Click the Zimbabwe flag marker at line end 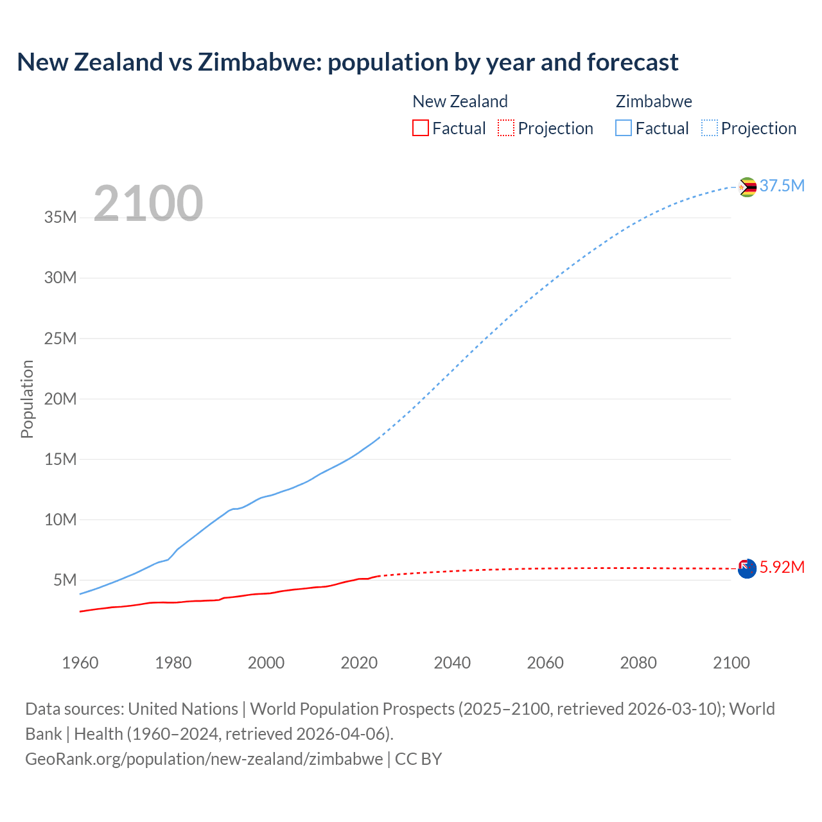747,187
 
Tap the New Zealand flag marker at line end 747,568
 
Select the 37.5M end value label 782,186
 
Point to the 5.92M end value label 782,568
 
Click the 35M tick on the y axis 60,218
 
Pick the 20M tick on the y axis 60,399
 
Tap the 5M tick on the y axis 65,581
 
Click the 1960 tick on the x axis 80,663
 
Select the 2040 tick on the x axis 452,663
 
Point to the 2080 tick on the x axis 638,663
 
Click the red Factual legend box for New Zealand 421,128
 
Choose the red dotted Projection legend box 506,128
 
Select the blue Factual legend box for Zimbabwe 624,128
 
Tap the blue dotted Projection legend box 710,128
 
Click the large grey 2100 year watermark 148,204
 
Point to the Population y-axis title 27,399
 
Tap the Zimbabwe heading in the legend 654,101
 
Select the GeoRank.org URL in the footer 204,759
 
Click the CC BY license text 418,759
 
